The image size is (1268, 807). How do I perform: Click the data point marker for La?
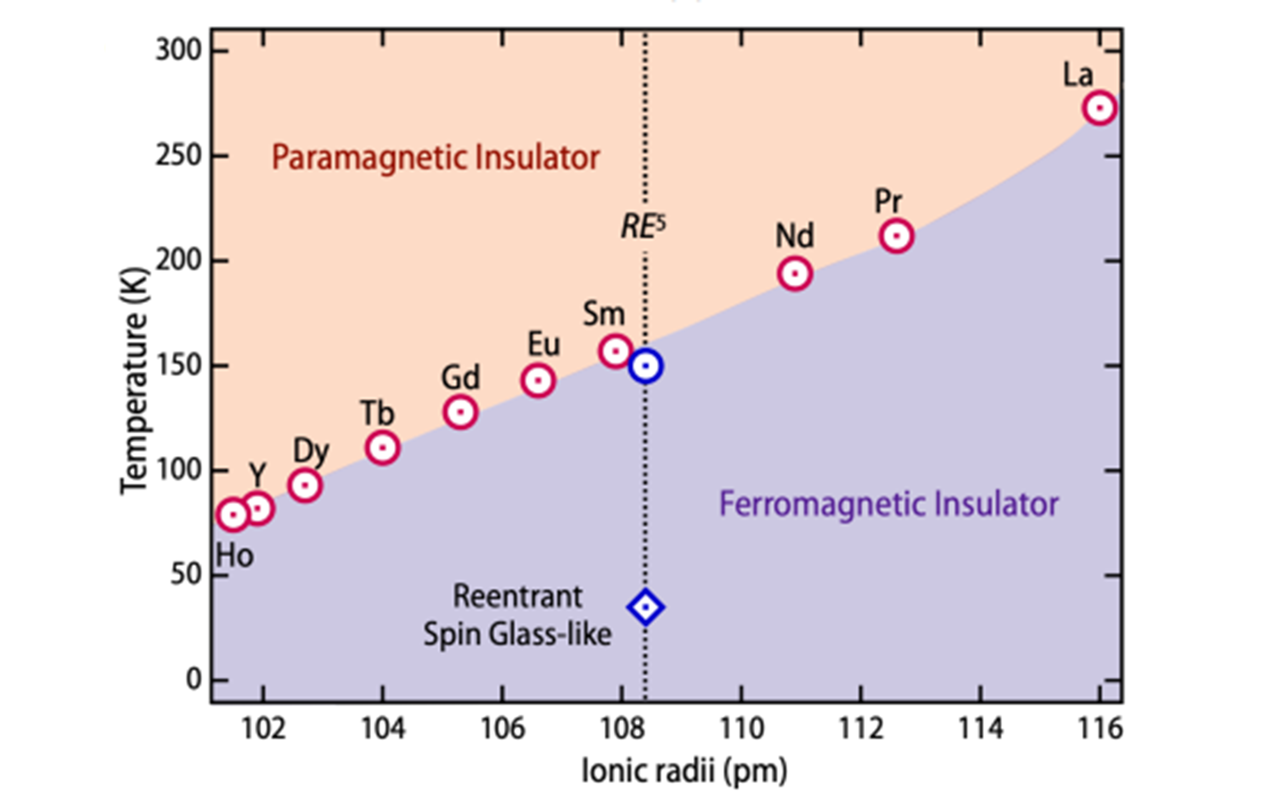[1100, 108]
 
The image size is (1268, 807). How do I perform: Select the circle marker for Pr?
[896, 235]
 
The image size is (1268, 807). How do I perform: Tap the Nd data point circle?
[794, 273]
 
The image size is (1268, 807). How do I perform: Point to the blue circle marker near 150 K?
[645, 366]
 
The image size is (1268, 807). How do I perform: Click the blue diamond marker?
[645, 607]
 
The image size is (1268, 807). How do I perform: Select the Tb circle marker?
[382, 448]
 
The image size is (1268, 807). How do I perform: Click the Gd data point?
[460, 411]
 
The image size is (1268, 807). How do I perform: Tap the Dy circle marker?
[305, 484]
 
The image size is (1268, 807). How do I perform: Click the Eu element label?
[543, 345]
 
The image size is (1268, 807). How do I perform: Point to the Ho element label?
[235, 556]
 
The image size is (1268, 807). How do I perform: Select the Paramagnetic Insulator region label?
[435, 158]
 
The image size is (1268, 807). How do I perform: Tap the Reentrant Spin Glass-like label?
[518, 615]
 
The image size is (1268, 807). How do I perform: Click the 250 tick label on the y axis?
[178, 156]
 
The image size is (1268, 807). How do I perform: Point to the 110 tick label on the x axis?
[741, 729]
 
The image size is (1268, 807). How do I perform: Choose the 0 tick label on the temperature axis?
[194, 680]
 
